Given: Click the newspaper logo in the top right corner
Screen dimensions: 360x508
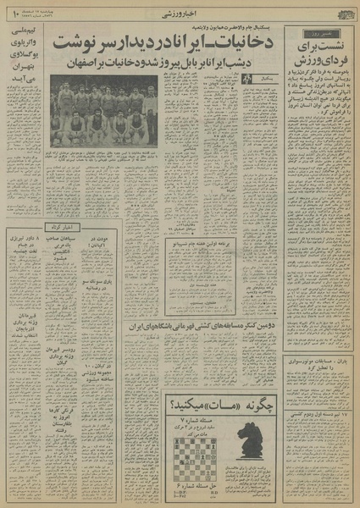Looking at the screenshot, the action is (335, 13).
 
